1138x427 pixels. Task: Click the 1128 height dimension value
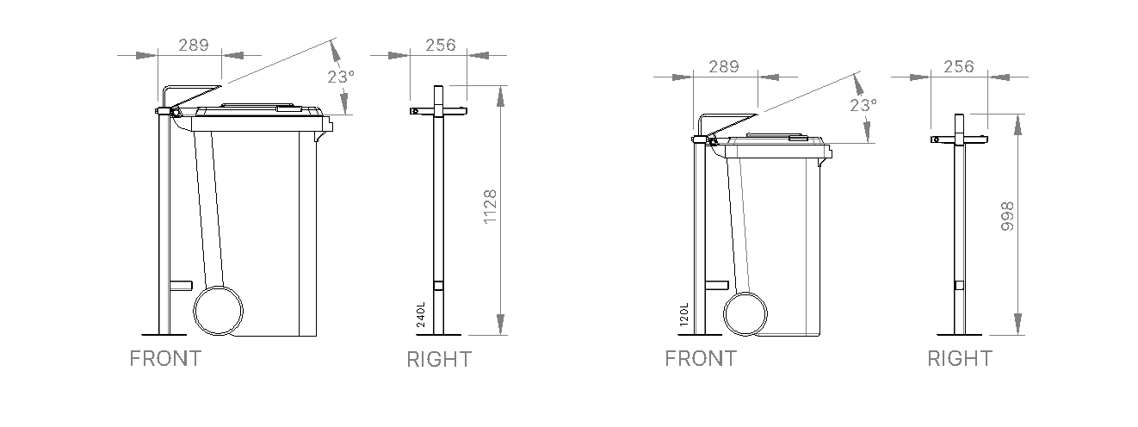click(490, 207)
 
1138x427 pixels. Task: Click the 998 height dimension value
click(1007, 216)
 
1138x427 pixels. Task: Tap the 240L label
click(421, 315)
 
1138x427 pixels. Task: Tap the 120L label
click(683, 315)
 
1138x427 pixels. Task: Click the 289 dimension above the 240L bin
click(194, 46)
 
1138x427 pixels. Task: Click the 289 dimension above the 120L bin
click(723, 66)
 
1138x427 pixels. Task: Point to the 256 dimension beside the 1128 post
click(441, 46)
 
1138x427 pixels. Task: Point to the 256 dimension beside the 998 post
click(959, 66)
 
